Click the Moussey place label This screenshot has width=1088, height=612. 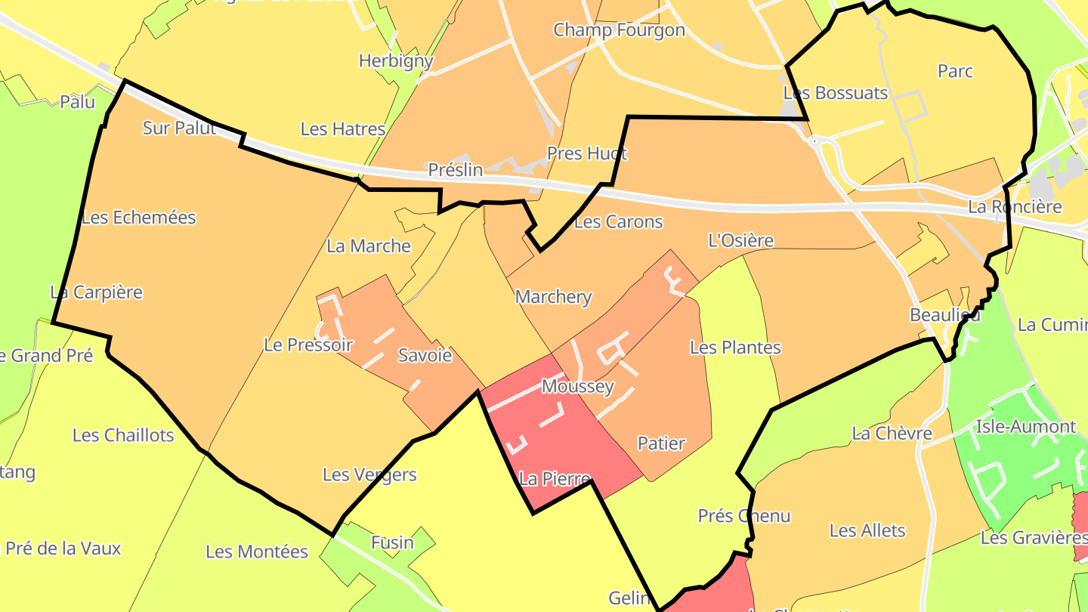[x=578, y=387]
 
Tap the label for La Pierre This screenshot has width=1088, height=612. [x=555, y=479]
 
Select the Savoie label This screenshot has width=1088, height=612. [x=425, y=355]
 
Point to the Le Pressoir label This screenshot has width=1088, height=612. [x=308, y=345]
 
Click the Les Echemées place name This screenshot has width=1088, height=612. [x=138, y=218]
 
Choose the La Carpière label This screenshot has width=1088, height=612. [x=96, y=292]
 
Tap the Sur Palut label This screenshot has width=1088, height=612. [x=179, y=128]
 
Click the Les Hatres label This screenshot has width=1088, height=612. [x=343, y=129]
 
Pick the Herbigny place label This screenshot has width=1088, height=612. [x=396, y=61]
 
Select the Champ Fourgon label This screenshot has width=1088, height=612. [x=619, y=30]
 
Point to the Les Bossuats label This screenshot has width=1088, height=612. [x=836, y=93]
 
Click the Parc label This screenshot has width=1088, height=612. [x=955, y=71]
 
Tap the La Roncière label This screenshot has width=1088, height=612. [x=1025, y=206]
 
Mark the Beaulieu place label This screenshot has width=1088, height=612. [x=945, y=315]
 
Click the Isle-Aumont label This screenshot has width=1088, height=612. [x=1025, y=427]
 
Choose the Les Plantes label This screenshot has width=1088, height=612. [x=735, y=348]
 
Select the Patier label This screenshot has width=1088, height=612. [x=661, y=444]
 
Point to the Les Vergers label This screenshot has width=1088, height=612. [x=369, y=474]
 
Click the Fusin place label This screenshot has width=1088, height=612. [x=392, y=542]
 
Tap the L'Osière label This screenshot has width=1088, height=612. [x=740, y=241]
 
